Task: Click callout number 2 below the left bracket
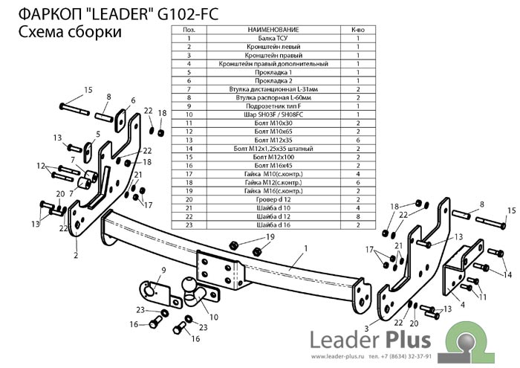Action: (76, 254)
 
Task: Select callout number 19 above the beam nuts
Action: (270, 236)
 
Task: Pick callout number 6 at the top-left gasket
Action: (133, 101)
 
